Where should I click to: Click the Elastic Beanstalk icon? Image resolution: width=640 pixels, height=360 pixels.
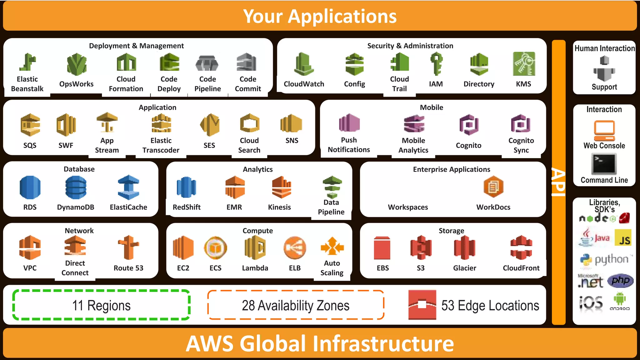coord(27,62)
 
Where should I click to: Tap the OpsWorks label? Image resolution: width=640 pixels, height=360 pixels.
coord(76,84)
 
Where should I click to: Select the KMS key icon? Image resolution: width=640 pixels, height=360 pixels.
coord(524,64)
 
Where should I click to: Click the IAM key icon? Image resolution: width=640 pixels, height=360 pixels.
coord(436,64)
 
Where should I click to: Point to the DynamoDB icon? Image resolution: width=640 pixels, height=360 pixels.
coord(76,187)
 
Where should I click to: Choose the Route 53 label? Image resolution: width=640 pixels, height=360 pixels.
coord(128,268)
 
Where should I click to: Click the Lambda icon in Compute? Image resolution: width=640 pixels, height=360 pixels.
coord(255,248)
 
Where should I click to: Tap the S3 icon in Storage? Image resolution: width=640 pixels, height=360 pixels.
coord(421,247)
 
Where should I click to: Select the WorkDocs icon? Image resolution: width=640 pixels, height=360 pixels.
coord(493,187)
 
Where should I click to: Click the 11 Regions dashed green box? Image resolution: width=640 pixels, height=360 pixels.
coord(101,305)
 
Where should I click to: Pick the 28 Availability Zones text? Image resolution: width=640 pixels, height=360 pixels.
coord(296,305)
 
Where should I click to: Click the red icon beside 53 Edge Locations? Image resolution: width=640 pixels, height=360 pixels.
coord(422,305)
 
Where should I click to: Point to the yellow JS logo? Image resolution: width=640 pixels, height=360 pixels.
coord(623,238)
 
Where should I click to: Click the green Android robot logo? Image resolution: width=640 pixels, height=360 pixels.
coord(619,299)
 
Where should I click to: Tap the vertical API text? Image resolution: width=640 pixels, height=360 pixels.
coord(558,182)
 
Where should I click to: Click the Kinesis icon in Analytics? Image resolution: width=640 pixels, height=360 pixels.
coord(281,187)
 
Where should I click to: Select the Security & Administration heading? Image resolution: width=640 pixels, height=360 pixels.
coord(410,46)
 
